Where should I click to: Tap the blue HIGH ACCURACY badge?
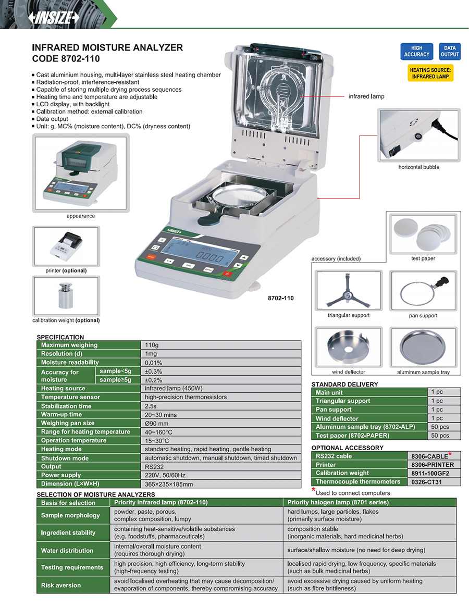(x=417, y=51)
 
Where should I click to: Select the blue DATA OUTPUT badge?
(x=449, y=51)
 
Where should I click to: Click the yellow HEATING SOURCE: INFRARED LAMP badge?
(x=430, y=73)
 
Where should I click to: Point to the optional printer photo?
(x=66, y=246)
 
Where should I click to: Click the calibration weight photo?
(x=66, y=295)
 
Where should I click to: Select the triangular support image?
(x=348, y=291)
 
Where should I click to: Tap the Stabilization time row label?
(x=66, y=406)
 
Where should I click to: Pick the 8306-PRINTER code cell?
(x=433, y=465)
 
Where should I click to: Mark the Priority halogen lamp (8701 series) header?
(x=338, y=503)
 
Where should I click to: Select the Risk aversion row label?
(x=61, y=585)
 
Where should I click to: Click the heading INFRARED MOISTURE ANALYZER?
(x=107, y=47)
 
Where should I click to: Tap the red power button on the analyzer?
(x=227, y=273)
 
